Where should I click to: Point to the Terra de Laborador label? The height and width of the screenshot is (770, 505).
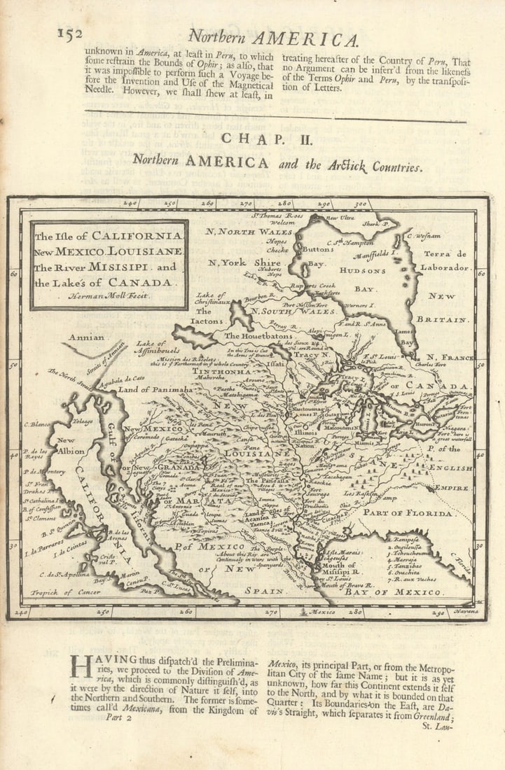pos(445,260)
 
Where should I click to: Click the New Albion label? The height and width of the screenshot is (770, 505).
pos(71,446)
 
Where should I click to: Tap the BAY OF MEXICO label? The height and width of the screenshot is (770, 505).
pos(395,592)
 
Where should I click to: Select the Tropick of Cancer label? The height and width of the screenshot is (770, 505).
pos(60,592)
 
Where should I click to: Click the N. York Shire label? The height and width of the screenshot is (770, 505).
pos(234,263)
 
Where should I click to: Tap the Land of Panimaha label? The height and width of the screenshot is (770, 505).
pos(155,389)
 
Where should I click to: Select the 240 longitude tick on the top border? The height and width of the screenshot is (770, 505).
pos(130,204)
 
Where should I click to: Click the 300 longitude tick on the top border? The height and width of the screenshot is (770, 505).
pos(359,204)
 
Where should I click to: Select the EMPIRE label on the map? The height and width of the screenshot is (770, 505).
pos(452,487)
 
